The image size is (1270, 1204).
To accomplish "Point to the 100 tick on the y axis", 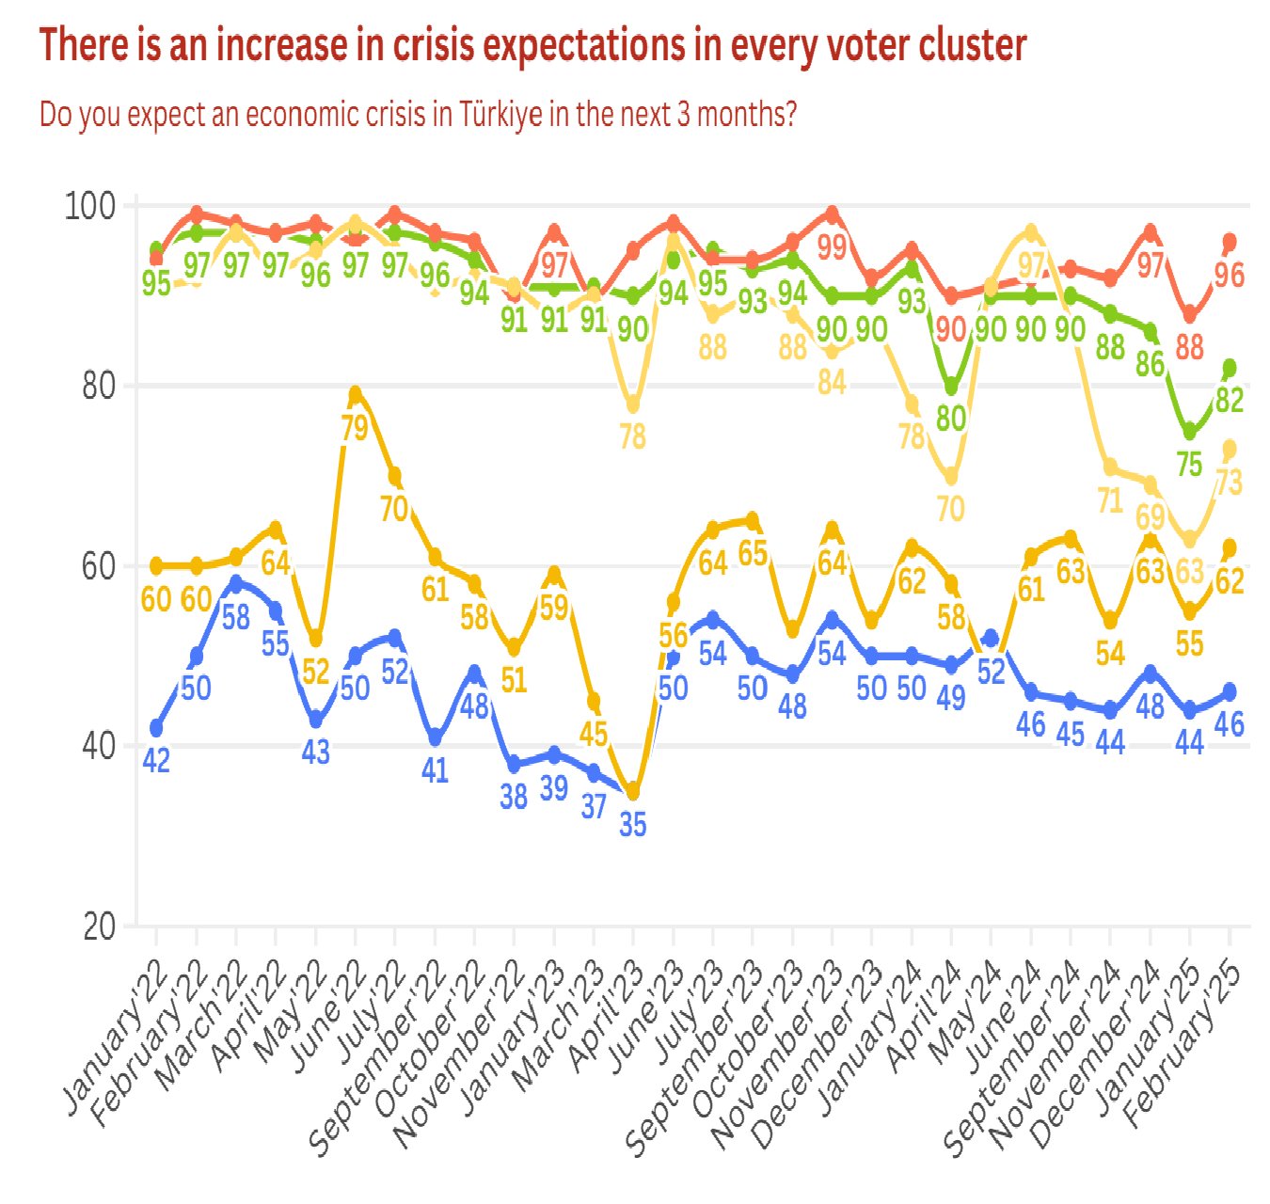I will (89, 205).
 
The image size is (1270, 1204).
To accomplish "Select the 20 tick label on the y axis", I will (98, 927).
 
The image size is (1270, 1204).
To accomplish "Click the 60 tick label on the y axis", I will (98, 566).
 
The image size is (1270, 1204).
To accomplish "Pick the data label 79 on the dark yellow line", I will (355, 429).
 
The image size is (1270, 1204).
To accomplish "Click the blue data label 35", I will (633, 825).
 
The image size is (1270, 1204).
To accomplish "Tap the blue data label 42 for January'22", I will (156, 760).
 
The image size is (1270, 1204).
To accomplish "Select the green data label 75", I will (1189, 464).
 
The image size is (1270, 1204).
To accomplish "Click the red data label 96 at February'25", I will (1230, 276).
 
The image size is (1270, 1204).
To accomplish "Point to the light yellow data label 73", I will (1230, 483).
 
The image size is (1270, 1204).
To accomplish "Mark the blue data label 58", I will (235, 617).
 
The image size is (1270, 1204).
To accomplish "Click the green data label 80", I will (951, 418).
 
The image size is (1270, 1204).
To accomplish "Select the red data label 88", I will (1189, 347).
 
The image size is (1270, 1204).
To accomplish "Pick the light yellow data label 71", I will (1110, 500).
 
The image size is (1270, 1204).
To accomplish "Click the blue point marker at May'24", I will (991, 638).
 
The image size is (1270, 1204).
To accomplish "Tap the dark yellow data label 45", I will (593, 734).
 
